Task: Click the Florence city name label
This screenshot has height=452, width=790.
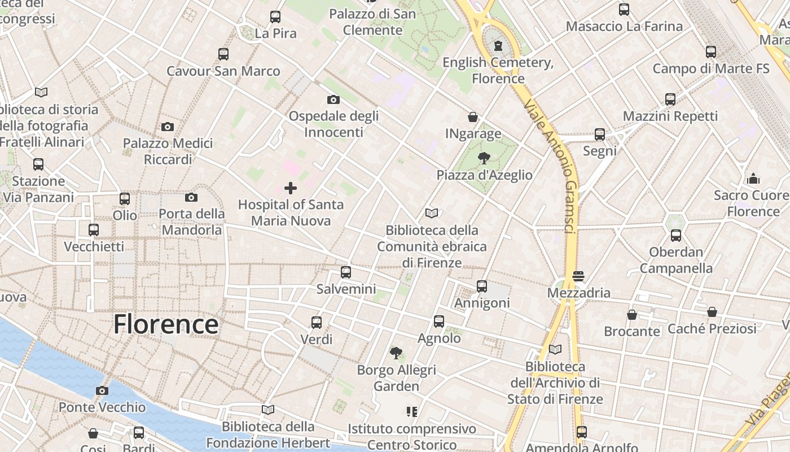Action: tap(166, 324)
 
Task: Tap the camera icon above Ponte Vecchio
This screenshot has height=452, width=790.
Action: tap(102, 390)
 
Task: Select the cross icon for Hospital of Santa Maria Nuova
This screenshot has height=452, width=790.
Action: tap(291, 188)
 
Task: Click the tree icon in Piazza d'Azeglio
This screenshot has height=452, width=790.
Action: tap(484, 158)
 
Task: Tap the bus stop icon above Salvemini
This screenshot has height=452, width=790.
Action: tap(346, 272)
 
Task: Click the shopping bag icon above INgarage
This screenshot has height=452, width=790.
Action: tap(473, 117)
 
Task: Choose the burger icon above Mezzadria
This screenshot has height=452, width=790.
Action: tap(578, 276)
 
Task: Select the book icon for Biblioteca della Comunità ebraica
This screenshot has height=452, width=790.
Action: tap(432, 213)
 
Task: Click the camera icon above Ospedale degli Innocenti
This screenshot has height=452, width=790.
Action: tap(333, 99)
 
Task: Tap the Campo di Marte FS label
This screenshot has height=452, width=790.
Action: tap(710, 69)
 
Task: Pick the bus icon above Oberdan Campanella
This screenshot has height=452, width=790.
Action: tap(676, 235)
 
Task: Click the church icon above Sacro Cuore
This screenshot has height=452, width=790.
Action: tap(753, 179)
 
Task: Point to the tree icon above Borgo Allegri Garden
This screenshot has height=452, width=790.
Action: tap(396, 353)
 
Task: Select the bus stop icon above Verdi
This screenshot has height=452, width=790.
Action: tap(317, 323)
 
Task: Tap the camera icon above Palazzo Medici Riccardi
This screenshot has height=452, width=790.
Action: tap(168, 127)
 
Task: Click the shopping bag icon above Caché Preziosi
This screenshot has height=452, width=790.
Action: tap(712, 312)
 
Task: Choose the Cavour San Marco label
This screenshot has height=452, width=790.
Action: tap(223, 71)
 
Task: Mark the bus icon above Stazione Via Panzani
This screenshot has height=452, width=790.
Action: tap(38, 164)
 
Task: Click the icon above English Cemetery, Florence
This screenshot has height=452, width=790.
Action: tap(498, 45)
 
